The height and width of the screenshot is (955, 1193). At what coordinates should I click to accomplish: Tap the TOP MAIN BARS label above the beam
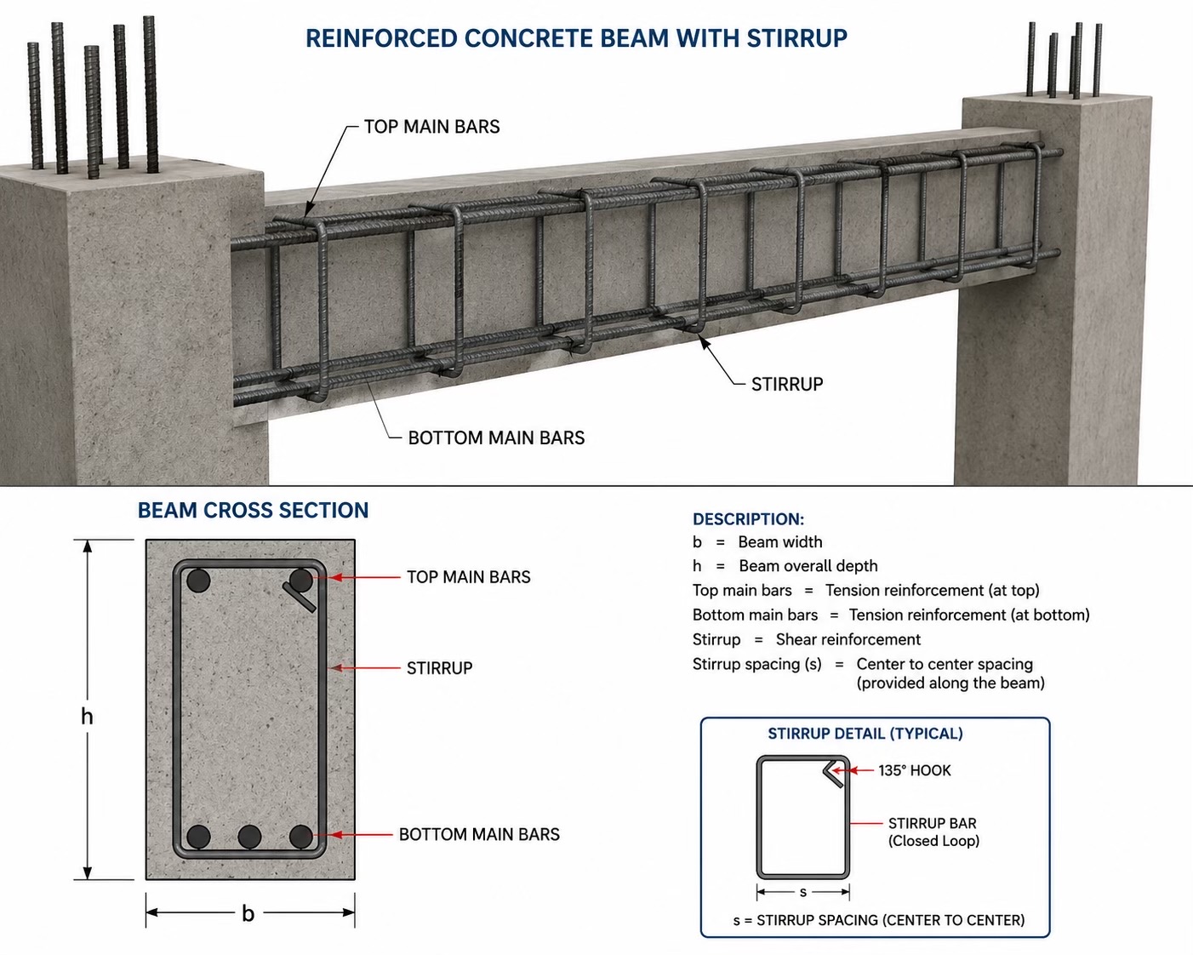(432, 127)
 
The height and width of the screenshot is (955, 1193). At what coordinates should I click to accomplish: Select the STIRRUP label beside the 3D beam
(786, 384)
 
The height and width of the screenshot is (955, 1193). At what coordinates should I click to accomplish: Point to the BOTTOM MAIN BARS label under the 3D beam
(496, 437)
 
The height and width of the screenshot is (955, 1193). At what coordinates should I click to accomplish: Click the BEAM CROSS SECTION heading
(254, 510)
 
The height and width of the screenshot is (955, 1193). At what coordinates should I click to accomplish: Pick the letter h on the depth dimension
(87, 716)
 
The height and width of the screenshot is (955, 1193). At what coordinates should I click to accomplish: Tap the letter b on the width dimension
(248, 912)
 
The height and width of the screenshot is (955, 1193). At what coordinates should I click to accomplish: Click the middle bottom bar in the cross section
(249, 837)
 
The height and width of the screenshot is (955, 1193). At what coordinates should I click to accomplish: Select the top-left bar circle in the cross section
(198, 580)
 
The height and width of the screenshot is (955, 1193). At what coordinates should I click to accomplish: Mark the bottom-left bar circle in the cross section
(198, 837)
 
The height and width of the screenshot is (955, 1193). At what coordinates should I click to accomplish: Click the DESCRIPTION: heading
(748, 519)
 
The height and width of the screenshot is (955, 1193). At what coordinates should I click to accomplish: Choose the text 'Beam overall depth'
(808, 566)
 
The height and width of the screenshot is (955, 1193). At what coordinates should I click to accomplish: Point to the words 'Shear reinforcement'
(848, 639)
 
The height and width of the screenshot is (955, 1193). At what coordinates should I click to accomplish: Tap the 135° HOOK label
(915, 770)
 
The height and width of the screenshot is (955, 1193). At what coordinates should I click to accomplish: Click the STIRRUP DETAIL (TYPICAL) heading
(865, 734)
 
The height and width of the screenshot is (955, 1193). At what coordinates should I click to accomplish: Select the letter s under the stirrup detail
(803, 892)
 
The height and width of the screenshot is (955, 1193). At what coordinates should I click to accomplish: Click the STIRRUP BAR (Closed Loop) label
(933, 832)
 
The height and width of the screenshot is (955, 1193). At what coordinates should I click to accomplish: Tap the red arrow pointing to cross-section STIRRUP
(365, 667)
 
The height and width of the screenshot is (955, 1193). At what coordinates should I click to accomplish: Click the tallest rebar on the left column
(151, 94)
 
